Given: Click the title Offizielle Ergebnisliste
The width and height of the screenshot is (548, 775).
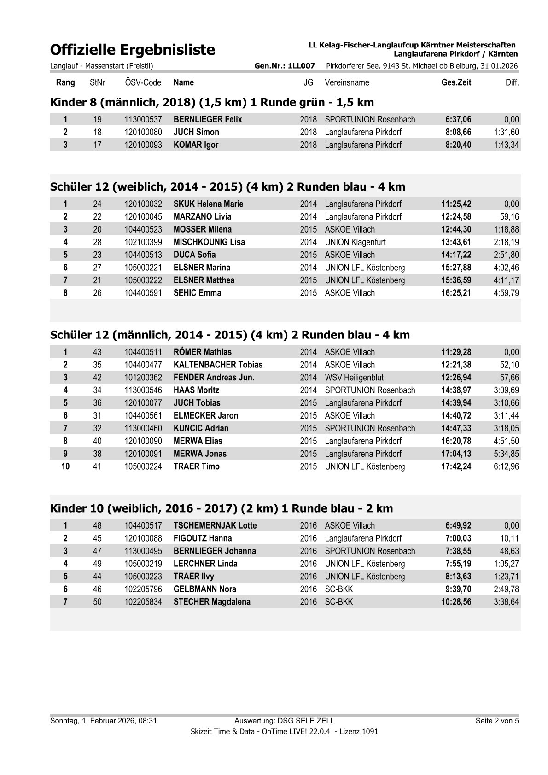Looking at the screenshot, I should tap(133, 50).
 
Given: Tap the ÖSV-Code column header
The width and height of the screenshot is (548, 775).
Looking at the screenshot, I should tap(143, 83).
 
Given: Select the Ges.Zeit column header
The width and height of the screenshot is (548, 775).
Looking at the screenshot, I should tap(456, 83).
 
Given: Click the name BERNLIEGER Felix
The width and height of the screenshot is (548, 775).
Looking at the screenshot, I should tap(208, 120).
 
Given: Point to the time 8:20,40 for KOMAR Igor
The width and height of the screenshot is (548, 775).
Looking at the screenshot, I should tap(458, 145).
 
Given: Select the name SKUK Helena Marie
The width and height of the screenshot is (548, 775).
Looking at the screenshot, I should tap(208, 204).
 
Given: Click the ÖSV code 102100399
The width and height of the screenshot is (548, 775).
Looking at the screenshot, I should tap(143, 242).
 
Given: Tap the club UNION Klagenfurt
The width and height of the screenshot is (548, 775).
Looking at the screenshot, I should tap(355, 242).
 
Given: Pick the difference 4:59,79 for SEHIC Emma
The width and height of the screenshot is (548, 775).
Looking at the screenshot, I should tap(506, 293).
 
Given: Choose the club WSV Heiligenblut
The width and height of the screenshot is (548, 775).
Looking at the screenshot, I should tap(354, 378).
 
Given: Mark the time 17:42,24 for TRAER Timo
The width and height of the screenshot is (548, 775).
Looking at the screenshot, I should tap(456, 466).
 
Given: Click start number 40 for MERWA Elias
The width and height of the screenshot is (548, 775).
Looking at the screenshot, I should tap(97, 441).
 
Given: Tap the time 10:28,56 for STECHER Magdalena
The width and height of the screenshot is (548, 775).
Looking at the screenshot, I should tap(456, 602).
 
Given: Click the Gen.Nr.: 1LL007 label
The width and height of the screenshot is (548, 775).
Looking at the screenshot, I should tap(285, 66).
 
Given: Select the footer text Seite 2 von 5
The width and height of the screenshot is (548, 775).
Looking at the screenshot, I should tap(497, 721).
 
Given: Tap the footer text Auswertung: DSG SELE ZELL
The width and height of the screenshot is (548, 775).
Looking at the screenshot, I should tap(284, 721).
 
